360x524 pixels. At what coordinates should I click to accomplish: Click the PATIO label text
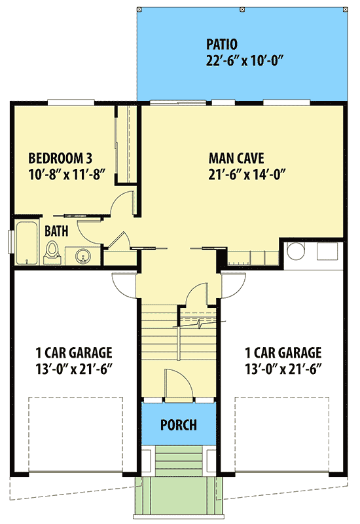222,45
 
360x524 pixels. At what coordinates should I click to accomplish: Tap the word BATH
57,231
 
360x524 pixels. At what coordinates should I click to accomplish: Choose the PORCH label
178,425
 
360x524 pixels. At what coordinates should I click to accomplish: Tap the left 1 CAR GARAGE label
73,352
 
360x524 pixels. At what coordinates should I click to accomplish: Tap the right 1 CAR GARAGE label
283,352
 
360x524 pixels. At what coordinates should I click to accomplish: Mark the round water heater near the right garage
297,252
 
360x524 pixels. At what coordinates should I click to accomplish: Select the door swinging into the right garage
232,283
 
